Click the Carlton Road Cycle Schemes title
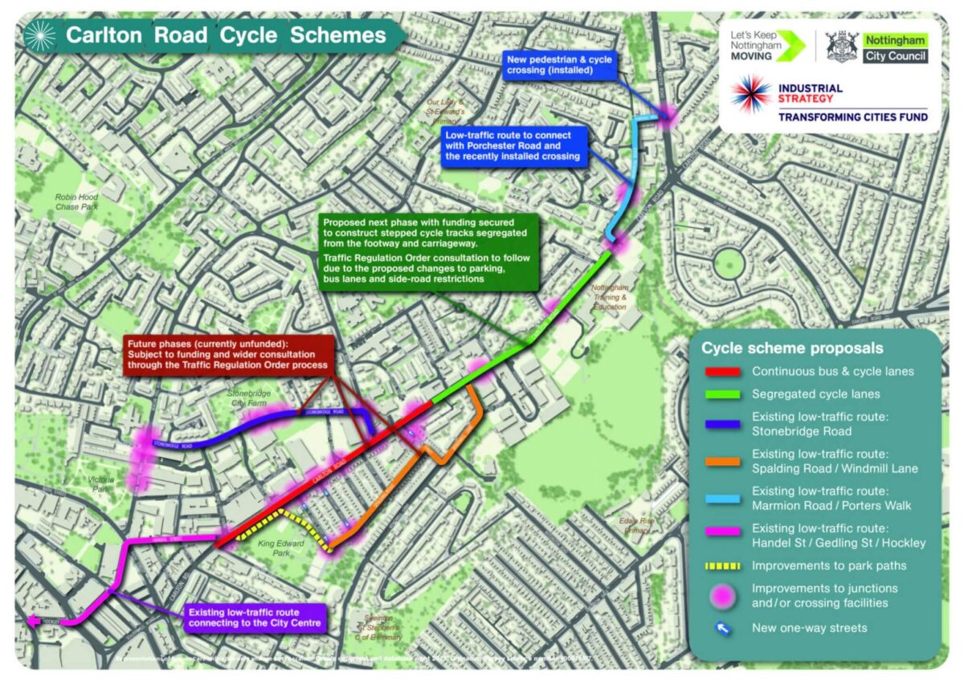(226, 35)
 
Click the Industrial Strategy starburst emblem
(751, 95)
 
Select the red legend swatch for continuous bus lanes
(721, 373)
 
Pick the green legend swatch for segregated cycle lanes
(721, 395)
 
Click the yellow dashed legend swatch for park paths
(721, 566)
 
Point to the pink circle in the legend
(721, 595)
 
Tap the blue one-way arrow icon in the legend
(721, 629)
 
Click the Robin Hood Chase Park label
(76, 202)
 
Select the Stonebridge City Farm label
(248, 398)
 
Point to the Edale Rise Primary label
(635, 525)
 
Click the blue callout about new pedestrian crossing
(560, 66)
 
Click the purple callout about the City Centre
(254, 617)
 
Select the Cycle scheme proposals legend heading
(792, 349)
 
